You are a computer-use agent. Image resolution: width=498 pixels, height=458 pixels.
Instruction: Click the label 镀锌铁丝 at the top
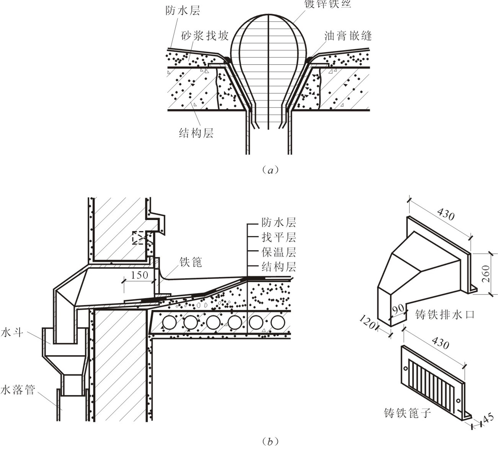327,4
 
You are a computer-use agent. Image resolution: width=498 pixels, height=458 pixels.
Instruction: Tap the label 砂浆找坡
205,36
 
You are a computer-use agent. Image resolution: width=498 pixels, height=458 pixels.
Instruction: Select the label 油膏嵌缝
348,36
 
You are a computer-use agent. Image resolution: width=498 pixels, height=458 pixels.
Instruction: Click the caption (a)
270,170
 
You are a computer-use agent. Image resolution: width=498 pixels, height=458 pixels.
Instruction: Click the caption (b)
270,442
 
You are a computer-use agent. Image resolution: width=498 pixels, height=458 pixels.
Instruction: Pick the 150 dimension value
139,275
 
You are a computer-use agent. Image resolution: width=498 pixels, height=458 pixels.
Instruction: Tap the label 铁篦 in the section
191,262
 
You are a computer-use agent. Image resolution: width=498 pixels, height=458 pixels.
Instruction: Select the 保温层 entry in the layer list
279,252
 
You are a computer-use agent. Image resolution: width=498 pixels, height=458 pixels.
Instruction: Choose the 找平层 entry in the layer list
279,237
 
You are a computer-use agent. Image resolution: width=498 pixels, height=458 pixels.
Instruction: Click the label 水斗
12,332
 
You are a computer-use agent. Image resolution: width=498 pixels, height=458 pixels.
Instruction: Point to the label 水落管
18,390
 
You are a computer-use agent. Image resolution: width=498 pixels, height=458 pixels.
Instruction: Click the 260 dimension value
486,274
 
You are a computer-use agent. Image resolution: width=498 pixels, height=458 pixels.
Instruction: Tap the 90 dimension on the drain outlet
398,309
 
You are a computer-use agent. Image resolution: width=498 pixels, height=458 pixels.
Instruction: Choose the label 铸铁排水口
445,315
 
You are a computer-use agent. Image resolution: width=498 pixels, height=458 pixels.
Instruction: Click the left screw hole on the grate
406,368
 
